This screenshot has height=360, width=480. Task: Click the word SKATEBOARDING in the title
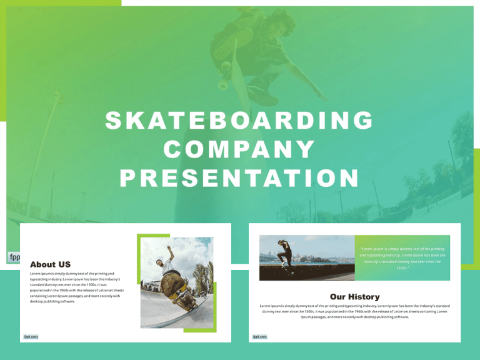(x=239, y=120)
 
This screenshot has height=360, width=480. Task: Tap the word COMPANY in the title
(x=239, y=149)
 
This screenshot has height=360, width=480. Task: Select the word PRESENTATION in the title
(x=239, y=179)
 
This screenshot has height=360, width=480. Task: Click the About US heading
(x=50, y=264)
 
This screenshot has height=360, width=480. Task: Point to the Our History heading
(x=354, y=296)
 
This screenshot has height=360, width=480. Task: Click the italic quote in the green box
(x=402, y=258)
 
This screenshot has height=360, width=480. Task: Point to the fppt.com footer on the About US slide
(x=31, y=336)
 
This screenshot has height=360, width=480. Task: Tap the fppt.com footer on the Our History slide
(x=260, y=336)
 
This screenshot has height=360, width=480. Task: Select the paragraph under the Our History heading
(x=354, y=311)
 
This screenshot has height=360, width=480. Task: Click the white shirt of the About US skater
(x=167, y=264)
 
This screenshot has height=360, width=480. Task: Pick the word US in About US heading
(x=62, y=264)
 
